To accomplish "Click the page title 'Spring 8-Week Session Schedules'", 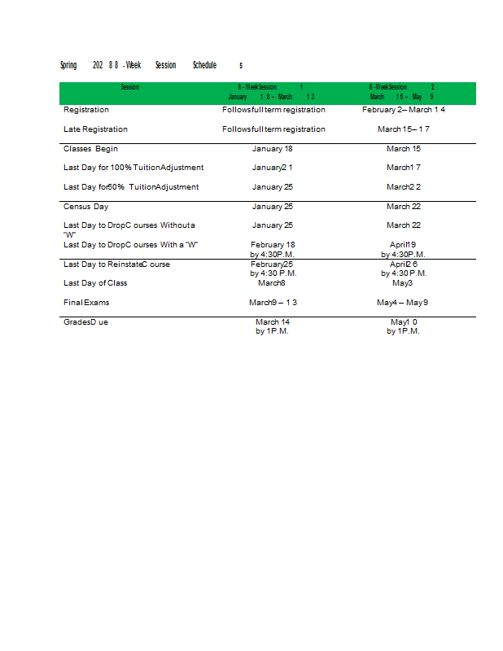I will pyautogui.click(x=151, y=65).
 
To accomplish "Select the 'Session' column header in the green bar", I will pyautogui.click(x=130, y=87).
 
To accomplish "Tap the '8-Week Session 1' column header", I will pyautogui.click(x=271, y=91).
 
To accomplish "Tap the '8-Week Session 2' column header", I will pyautogui.click(x=402, y=91).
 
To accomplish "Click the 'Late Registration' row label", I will pyautogui.click(x=95, y=129).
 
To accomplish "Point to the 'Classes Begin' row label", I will pyautogui.click(x=90, y=149).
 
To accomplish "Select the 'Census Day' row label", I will pyautogui.click(x=85, y=207).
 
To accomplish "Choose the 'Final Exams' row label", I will pyautogui.click(x=86, y=303).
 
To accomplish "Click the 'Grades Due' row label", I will pyautogui.click(x=85, y=322).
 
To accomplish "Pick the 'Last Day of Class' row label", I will pyautogui.click(x=95, y=283).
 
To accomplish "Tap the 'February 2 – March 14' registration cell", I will pyautogui.click(x=404, y=110).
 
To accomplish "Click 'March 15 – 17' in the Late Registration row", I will pyautogui.click(x=404, y=129).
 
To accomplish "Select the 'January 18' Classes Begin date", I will pyautogui.click(x=272, y=149).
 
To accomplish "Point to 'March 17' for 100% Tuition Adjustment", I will pyautogui.click(x=404, y=168).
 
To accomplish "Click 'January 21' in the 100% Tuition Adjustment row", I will pyautogui.click(x=272, y=168).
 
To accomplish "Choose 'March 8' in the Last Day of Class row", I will pyautogui.click(x=272, y=283).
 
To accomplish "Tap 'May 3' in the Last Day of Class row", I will pyautogui.click(x=403, y=283).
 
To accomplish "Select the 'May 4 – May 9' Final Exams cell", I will pyautogui.click(x=403, y=303).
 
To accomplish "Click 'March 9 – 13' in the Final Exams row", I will pyautogui.click(x=273, y=303).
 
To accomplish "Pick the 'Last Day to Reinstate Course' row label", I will pyautogui.click(x=116, y=264).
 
